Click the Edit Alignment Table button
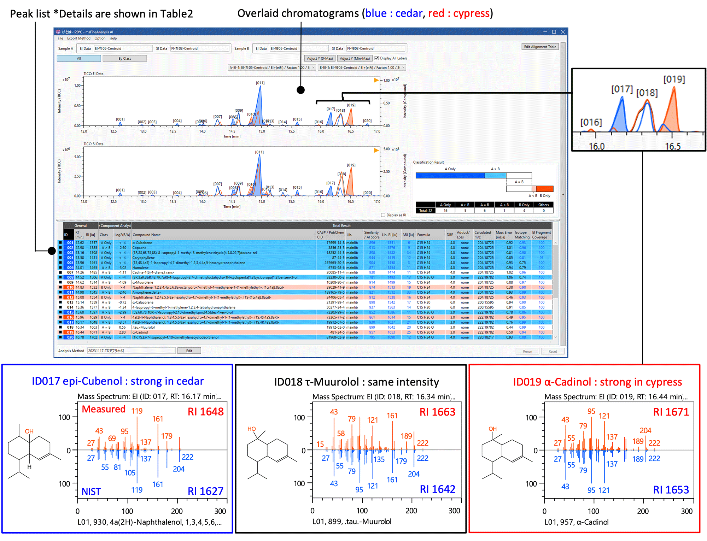point(540,47)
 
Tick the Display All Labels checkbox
point(377,58)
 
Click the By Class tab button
point(124,59)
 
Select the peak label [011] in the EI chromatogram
point(260,83)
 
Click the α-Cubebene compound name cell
point(142,243)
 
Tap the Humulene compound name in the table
point(140,267)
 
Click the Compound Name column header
point(146,235)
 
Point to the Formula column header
point(423,235)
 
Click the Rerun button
point(527,351)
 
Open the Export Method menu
point(78,38)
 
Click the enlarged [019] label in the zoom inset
point(674,79)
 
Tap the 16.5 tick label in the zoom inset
point(672,146)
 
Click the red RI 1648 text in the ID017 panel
point(205,412)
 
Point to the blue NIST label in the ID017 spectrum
point(91,492)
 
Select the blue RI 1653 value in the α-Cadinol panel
point(671,490)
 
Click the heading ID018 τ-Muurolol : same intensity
point(356,382)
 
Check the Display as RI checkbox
point(383,215)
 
